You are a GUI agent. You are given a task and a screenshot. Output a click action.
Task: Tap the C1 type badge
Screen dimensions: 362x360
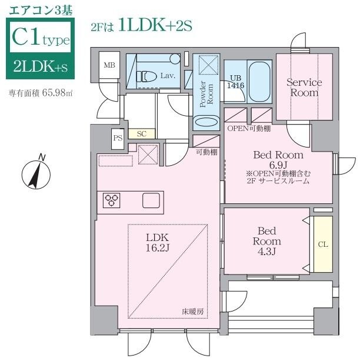coord(40,39)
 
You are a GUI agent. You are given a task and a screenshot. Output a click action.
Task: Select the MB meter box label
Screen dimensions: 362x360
coord(109,65)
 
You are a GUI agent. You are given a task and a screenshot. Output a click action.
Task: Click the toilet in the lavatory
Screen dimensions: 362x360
coord(147,76)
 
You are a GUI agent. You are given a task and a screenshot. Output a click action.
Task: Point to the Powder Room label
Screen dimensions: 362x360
coord(206,95)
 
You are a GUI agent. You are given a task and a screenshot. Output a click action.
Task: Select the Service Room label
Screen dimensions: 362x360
coord(304,88)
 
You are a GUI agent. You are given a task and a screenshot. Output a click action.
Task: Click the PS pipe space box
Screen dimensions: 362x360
coord(118,139)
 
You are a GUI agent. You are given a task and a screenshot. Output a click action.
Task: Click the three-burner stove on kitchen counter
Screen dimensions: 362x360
coord(112,200)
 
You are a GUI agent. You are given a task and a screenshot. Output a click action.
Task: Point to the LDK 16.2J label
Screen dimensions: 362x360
coord(157,242)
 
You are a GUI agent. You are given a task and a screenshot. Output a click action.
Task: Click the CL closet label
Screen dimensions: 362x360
coord(322,243)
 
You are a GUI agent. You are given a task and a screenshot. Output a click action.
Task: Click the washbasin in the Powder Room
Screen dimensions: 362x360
coord(206,122)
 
